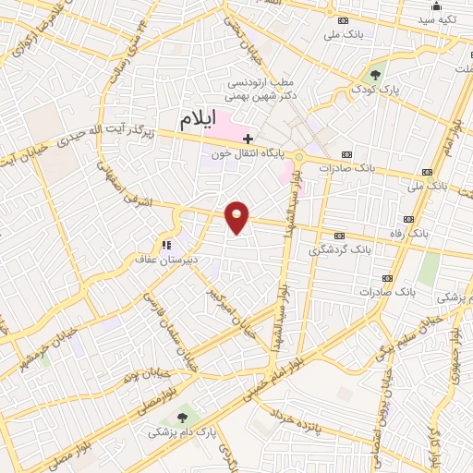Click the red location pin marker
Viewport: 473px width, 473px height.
coord(237,217)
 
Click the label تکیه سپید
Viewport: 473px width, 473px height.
coord(437,19)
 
